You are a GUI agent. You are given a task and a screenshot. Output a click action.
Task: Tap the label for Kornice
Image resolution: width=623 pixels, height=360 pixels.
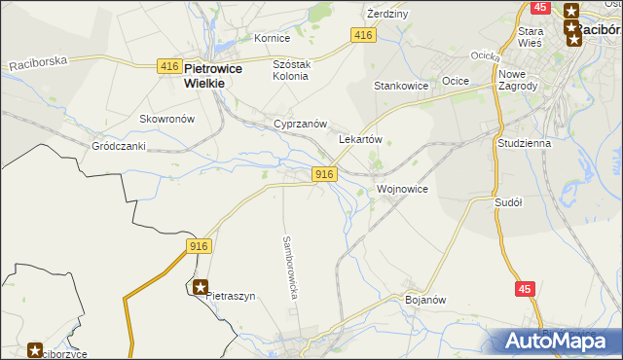pos(272,38)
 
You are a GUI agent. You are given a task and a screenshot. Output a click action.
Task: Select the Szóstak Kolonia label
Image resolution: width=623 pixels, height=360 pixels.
pos(290,69)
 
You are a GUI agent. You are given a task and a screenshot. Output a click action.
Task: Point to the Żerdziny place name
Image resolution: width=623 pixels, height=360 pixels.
pos(386,15)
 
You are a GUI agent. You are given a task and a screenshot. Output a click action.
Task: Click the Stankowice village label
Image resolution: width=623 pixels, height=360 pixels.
pos(401,86)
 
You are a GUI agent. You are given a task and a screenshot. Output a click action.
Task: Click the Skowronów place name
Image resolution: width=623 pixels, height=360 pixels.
pos(167,119)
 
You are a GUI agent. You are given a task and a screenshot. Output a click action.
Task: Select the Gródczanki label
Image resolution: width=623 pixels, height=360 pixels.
pos(118,146)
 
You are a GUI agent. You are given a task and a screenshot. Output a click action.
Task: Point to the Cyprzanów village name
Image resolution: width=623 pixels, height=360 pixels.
pos(299,125)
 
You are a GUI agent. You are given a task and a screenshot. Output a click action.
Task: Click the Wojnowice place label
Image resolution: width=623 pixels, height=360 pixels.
pos(401,189)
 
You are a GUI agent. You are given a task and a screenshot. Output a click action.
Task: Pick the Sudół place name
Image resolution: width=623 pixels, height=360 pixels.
pos(508,202)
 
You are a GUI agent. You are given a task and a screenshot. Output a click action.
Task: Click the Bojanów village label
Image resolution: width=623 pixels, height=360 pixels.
pos(424,300)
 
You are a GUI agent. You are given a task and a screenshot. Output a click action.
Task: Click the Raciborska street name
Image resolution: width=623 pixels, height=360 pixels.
pos(38,63)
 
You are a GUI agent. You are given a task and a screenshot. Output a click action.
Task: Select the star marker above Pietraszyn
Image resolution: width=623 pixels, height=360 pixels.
pos(201,287)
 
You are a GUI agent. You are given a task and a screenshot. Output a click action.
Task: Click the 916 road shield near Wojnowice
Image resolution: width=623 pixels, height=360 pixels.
pos(325,174)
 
